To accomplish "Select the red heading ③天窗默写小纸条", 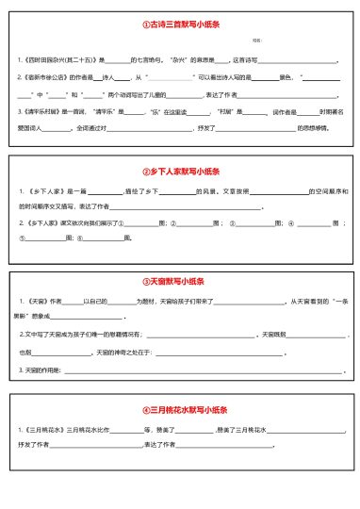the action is (180, 281).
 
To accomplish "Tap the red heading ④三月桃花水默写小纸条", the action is (180, 410).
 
